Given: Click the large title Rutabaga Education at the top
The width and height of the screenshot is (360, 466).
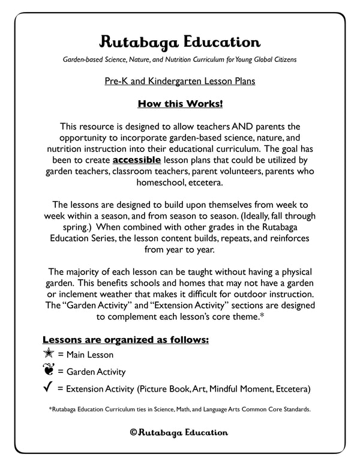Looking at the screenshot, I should tap(180, 42).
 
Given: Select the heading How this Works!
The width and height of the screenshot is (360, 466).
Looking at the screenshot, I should tap(180, 104).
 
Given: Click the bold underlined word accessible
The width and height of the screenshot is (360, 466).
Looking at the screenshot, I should tap(136, 160).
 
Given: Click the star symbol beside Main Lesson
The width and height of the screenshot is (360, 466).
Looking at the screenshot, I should tap(50, 354).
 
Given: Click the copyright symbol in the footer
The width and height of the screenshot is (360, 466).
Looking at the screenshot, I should tap(133, 432).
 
